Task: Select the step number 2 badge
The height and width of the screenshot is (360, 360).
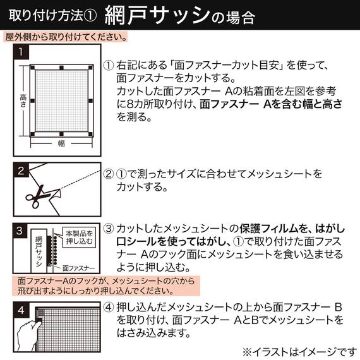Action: [x=21, y=171]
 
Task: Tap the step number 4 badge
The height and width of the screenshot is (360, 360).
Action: [x=21, y=309]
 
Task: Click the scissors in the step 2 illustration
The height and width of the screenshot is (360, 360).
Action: [x=40, y=196]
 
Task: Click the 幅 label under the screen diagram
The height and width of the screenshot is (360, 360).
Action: [x=61, y=143]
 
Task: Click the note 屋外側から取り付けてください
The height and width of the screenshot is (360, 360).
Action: [x=65, y=37]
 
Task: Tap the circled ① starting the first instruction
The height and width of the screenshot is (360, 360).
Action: [x=109, y=65]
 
